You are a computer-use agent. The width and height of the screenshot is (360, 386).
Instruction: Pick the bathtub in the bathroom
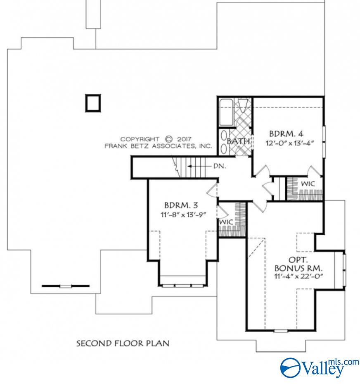point(226,112)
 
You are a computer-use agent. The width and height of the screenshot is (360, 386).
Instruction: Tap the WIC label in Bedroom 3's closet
point(226,222)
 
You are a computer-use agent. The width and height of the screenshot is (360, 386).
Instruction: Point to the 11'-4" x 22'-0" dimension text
point(298,276)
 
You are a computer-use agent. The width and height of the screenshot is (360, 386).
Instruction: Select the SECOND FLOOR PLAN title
point(123,343)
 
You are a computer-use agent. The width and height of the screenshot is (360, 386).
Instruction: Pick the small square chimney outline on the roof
point(93,103)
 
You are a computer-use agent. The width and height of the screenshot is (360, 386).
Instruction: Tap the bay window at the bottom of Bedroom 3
point(182,285)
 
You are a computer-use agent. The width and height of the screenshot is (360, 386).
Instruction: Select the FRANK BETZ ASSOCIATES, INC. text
point(158,146)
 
